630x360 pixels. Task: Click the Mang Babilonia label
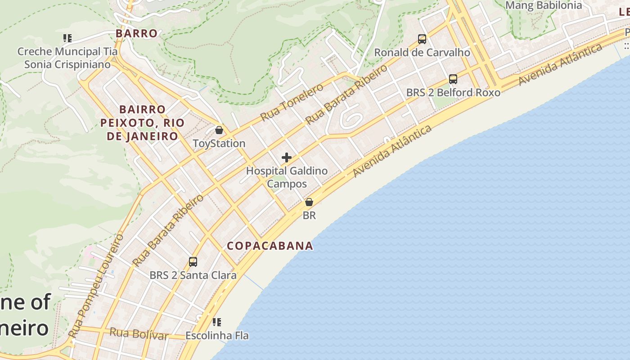(x=544, y=5)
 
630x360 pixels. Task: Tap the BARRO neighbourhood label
(x=136, y=33)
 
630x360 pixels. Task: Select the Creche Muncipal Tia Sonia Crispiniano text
(x=67, y=58)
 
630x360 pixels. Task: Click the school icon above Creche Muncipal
(x=67, y=38)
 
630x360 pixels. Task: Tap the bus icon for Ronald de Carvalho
(x=422, y=39)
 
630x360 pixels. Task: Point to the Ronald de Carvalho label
(x=422, y=53)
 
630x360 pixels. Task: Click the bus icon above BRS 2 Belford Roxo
(x=453, y=79)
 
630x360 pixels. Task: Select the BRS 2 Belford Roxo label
(x=453, y=93)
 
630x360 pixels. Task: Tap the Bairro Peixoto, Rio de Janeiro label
(x=142, y=123)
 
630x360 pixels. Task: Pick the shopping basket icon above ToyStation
(x=219, y=130)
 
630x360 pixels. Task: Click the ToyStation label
(x=219, y=144)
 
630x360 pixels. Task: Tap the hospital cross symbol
(x=287, y=157)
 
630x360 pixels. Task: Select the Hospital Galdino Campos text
(x=287, y=177)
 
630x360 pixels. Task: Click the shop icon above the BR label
(x=309, y=202)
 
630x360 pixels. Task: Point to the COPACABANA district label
(x=270, y=246)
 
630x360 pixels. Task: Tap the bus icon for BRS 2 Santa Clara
(x=193, y=261)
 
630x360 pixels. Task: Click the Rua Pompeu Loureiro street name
(x=95, y=286)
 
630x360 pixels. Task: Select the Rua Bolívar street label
(x=139, y=334)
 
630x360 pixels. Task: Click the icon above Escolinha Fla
(x=217, y=322)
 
